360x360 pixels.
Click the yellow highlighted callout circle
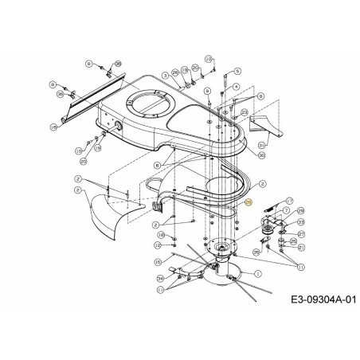[248, 204]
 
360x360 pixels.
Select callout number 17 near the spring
[290, 201]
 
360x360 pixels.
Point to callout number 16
[54, 127]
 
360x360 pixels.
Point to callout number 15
[158, 261]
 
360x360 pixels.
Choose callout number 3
[165, 75]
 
